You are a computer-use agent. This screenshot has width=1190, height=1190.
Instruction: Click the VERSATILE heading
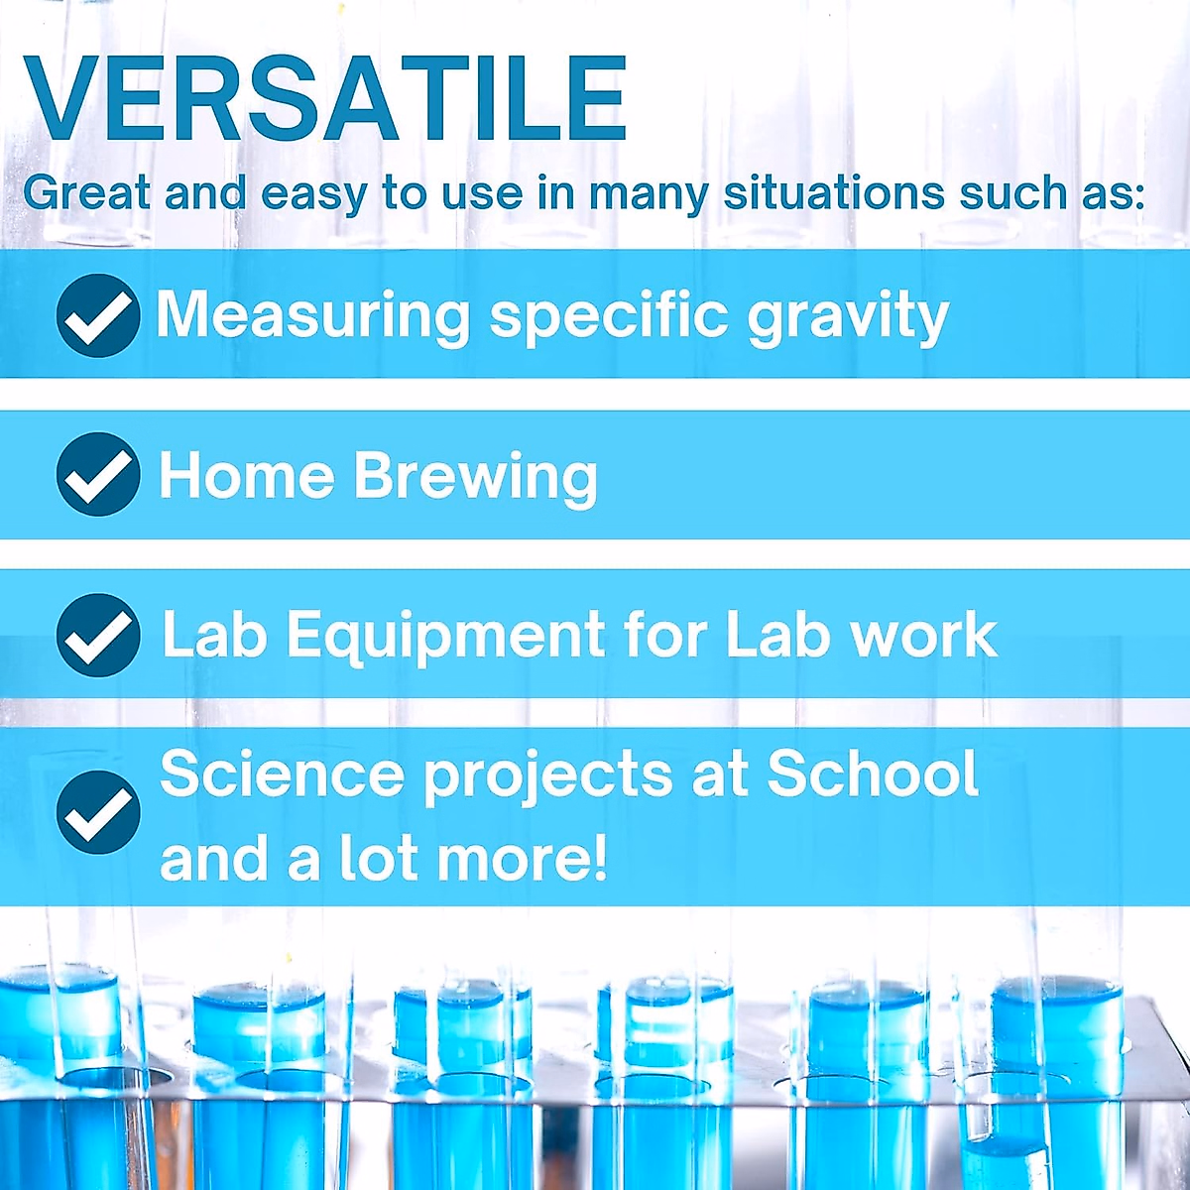click(x=324, y=99)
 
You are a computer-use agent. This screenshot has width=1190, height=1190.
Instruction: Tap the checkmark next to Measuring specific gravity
click(x=98, y=315)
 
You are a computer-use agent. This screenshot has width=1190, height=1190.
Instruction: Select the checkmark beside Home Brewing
click(x=98, y=474)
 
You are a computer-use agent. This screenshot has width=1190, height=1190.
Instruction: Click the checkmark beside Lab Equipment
click(x=98, y=635)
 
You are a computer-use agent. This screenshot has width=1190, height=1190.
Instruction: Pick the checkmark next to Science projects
click(x=98, y=812)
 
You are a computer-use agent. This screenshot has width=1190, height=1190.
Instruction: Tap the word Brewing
click(x=476, y=478)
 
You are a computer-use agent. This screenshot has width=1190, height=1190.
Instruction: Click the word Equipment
click(x=446, y=637)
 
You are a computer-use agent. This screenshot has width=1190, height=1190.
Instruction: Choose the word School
click(x=873, y=773)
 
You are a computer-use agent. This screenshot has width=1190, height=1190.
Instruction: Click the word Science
click(x=283, y=773)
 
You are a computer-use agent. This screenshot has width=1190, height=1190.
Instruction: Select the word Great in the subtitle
click(x=86, y=192)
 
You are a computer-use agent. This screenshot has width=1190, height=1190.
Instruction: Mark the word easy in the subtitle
click(x=314, y=194)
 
